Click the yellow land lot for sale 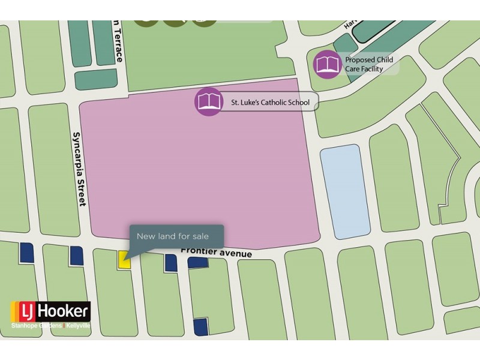pos(124,260)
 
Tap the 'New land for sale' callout pos(176,236)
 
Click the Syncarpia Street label pos(79,169)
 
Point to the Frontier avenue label pos(217,253)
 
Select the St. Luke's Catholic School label pos(270,103)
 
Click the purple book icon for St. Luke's pos(208,101)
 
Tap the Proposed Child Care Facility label pos(368,64)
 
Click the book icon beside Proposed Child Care pos(327,64)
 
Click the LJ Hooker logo pos(50,311)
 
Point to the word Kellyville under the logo pos(78,325)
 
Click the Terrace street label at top pos(119,42)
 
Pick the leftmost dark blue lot pos(26,253)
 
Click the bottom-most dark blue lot pos(200,326)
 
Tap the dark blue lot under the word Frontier pos(197,262)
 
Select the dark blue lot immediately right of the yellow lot pos(171,263)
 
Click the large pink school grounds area pos(198,174)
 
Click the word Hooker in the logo pos(63,311)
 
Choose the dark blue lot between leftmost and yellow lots pos(76,255)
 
